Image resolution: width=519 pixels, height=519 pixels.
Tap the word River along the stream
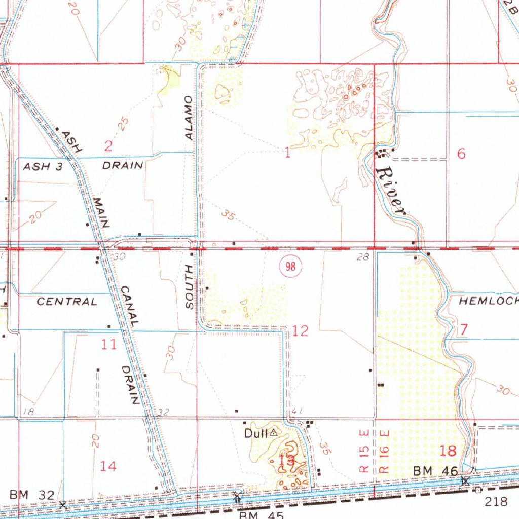click(x=391, y=192)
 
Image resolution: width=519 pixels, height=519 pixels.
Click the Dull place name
click(x=255, y=433)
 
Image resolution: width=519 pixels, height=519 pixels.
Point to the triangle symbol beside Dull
click(x=273, y=433)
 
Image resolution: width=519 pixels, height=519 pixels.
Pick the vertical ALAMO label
click(x=189, y=118)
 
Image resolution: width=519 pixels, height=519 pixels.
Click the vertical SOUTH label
click(x=190, y=287)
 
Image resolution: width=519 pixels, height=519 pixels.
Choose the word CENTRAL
click(x=67, y=302)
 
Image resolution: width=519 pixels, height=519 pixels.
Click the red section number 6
click(x=461, y=154)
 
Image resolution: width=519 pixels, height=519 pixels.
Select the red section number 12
click(x=300, y=331)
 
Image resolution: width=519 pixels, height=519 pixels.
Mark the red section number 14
click(x=108, y=466)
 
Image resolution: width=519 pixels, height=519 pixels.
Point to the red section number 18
click(x=449, y=450)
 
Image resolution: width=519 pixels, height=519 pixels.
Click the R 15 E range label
click(x=363, y=452)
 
